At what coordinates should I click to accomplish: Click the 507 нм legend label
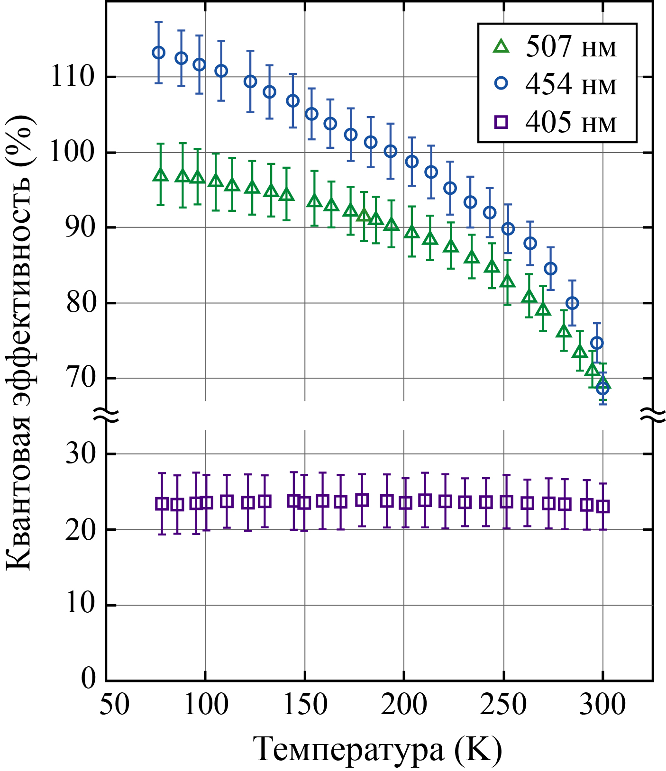(571, 47)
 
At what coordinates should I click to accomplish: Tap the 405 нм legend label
(571, 123)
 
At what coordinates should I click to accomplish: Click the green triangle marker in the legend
(501, 46)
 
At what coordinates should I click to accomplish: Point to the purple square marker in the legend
(501, 123)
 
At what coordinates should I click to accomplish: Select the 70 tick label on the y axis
(81, 378)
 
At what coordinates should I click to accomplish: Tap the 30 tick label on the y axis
(81, 454)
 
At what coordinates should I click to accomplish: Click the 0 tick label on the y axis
(89, 679)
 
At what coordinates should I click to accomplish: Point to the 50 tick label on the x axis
(114, 704)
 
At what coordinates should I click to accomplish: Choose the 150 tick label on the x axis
(305, 704)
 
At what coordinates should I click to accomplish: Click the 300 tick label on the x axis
(602, 704)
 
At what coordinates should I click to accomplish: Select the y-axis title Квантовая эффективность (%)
(19, 344)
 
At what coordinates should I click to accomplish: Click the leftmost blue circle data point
(159, 53)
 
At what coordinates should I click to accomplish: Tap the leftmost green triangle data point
(161, 175)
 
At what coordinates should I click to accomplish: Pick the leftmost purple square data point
(162, 504)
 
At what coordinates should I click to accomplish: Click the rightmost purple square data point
(602, 506)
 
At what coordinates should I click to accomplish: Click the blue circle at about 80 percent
(572, 303)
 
